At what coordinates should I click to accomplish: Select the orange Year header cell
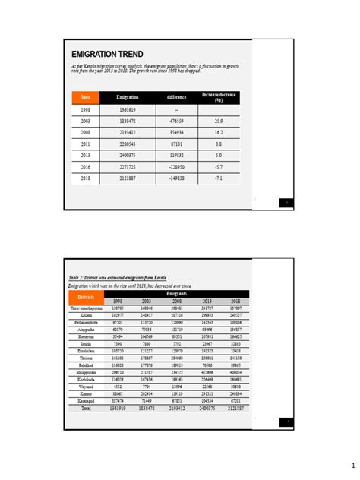click(86, 98)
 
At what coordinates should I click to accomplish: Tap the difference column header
click(176, 98)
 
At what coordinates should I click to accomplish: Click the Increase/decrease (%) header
click(219, 98)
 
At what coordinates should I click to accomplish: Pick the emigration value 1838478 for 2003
click(127, 121)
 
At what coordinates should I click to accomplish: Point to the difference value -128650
click(176, 166)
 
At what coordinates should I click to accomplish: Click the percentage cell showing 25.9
click(219, 121)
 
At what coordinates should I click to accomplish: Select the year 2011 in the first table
click(86, 143)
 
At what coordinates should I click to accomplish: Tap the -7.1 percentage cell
click(219, 178)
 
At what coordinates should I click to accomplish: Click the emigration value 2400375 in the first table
click(127, 155)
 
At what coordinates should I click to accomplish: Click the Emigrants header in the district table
click(176, 292)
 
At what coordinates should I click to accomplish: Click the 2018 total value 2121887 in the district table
click(235, 408)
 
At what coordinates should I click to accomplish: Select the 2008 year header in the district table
click(176, 301)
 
